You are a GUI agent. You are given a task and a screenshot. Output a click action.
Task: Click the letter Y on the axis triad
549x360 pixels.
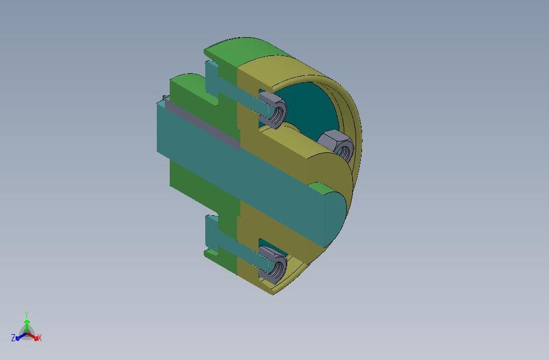click(x=27, y=314)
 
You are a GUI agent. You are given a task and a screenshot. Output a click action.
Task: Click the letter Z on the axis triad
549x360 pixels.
click(x=13, y=338)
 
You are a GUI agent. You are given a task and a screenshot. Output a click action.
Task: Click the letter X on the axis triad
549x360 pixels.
click(x=39, y=338)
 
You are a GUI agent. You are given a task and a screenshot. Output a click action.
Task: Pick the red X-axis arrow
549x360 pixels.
click(x=34, y=337)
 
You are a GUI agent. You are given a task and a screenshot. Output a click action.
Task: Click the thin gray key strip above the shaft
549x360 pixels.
click(x=200, y=123)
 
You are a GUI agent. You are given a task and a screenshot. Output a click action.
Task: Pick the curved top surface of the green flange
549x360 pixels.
click(x=240, y=49)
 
